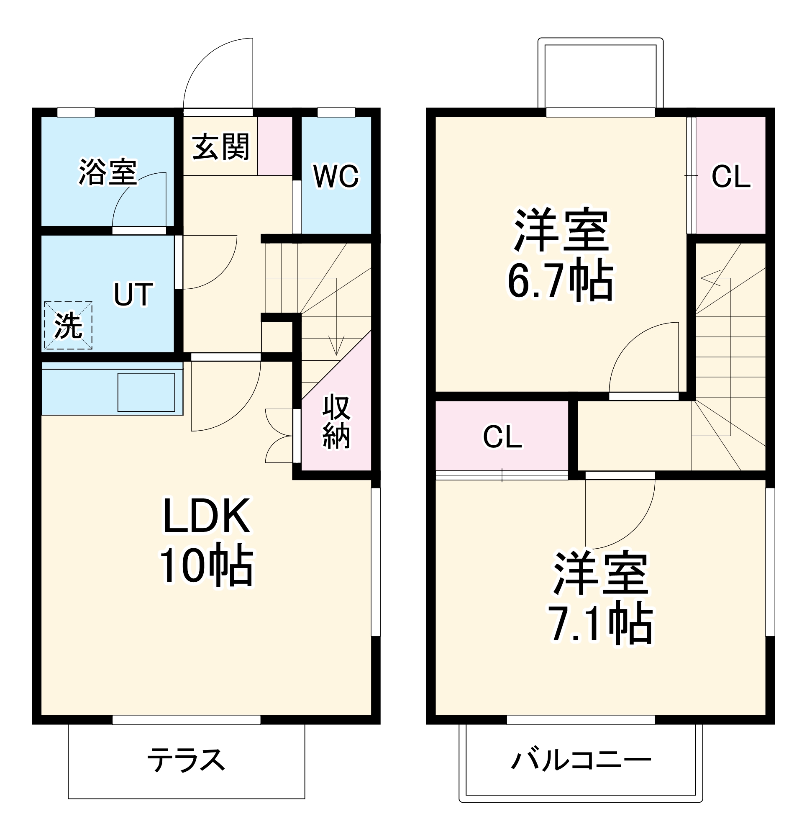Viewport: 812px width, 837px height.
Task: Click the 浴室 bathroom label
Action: pyautogui.click(x=108, y=172)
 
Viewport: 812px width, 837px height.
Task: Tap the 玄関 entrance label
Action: pyautogui.click(x=220, y=147)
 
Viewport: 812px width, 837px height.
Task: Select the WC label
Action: pyautogui.click(x=336, y=176)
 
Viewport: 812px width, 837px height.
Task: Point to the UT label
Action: pyautogui.click(x=133, y=294)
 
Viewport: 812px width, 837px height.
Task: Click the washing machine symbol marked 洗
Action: pyautogui.click(x=68, y=326)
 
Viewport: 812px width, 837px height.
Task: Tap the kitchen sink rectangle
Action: pyautogui.click(x=146, y=393)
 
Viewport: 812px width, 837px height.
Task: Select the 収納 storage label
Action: pyautogui.click(x=336, y=422)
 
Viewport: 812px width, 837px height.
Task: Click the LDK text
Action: pyautogui.click(x=207, y=516)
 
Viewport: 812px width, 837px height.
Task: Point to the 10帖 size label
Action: pyautogui.click(x=207, y=566)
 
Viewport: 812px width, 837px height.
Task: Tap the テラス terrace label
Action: pyautogui.click(x=186, y=760)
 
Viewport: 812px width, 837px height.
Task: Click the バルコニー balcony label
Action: pyautogui.click(x=581, y=760)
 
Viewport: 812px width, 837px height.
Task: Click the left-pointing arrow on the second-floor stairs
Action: pyautogui.click(x=710, y=278)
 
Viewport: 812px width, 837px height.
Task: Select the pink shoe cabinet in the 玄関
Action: pyautogui.click(x=274, y=146)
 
